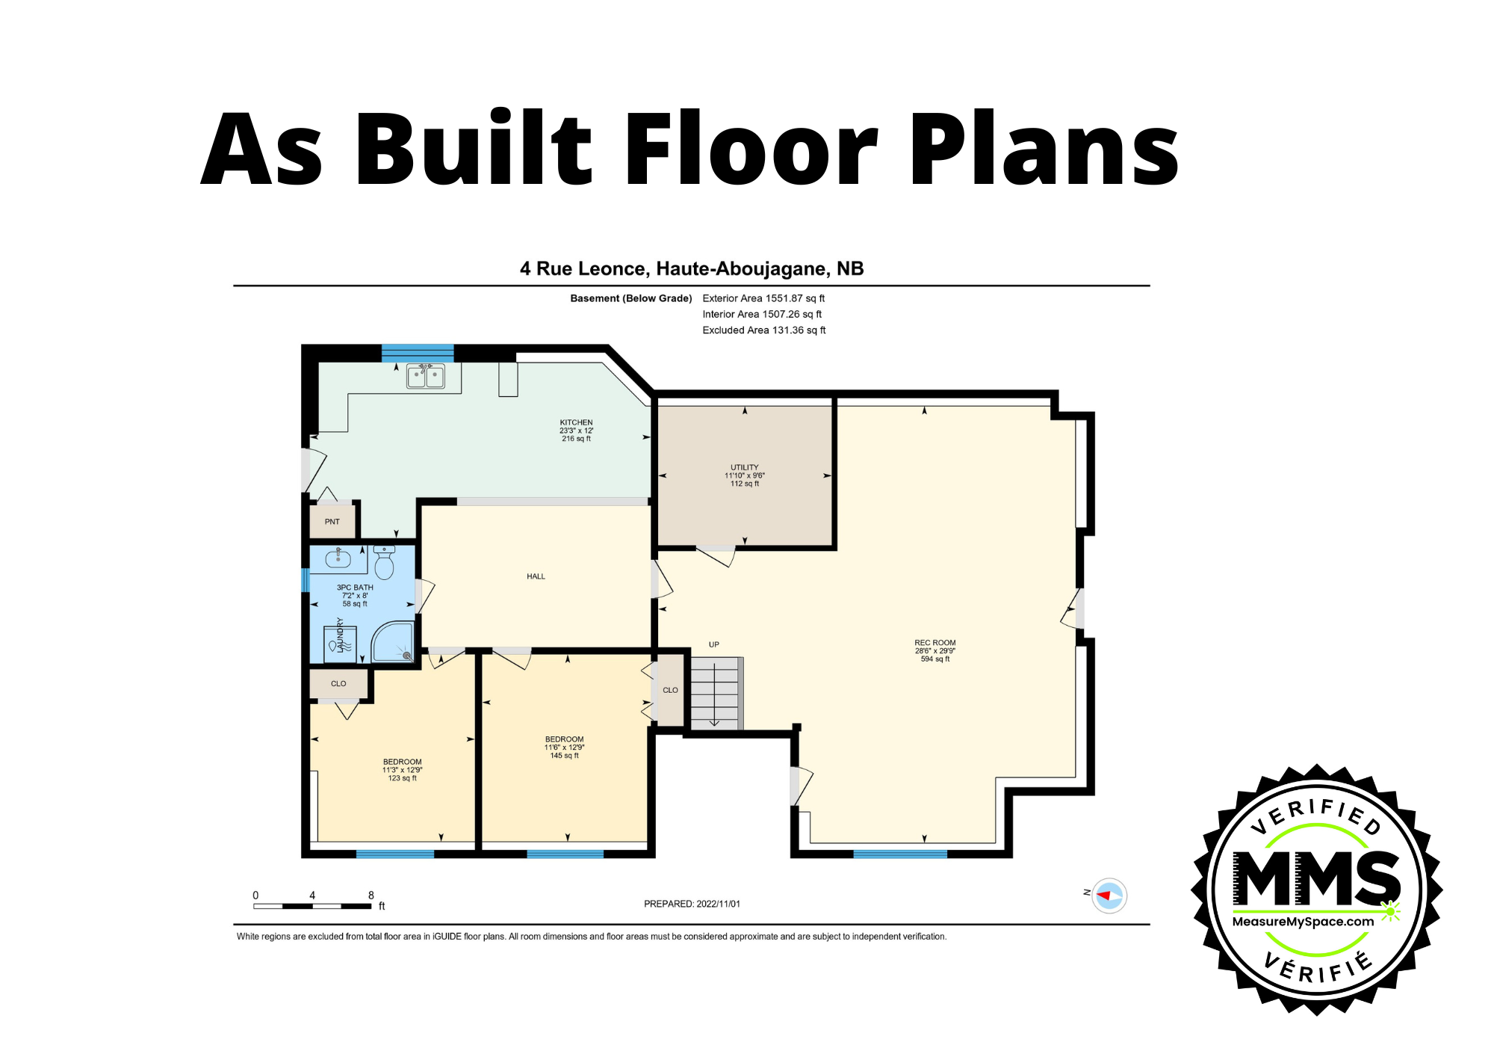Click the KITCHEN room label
576,422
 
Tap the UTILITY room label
745,467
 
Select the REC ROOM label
935,643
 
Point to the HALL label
536,576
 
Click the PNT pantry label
332,522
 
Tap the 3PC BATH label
355,588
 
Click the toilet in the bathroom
384,563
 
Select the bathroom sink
338,558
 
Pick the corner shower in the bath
393,642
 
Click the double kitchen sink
426,376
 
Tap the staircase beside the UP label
716,693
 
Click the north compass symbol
1109,895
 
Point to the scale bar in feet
313,906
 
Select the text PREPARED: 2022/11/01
692,904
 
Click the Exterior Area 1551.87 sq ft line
763,298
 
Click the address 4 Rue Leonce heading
692,269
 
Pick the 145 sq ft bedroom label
565,756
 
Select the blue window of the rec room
900,854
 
